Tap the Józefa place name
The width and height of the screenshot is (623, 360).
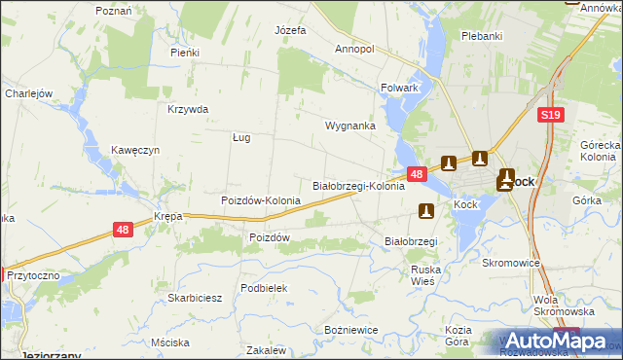pos(290,30)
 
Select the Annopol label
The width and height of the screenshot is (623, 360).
pos(354,48)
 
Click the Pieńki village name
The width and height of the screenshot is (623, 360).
pos(184,53)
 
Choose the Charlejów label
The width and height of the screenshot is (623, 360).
pos(27,93)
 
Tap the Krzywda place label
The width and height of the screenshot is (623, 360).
pos(188,109)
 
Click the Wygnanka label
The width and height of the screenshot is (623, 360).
pos(350,126)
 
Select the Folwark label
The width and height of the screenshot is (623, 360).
pos(399,88)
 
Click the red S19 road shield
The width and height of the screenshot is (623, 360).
pos(550,115)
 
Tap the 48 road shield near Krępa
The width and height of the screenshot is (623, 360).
pos(123,230)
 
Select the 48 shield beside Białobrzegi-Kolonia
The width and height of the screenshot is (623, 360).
pos(417,174)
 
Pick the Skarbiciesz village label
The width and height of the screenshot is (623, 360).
pos(196,298)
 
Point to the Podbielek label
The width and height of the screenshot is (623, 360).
pos(264,288)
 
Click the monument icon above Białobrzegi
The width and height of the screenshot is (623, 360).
pos(425,210)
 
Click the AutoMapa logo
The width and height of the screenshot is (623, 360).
pos(553,341)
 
